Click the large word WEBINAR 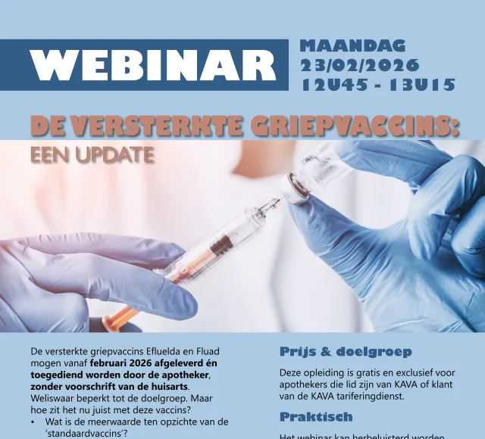(155, 65)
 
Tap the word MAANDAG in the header (352, 45)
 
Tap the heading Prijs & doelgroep (346, 352)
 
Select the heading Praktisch (316, 417)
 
